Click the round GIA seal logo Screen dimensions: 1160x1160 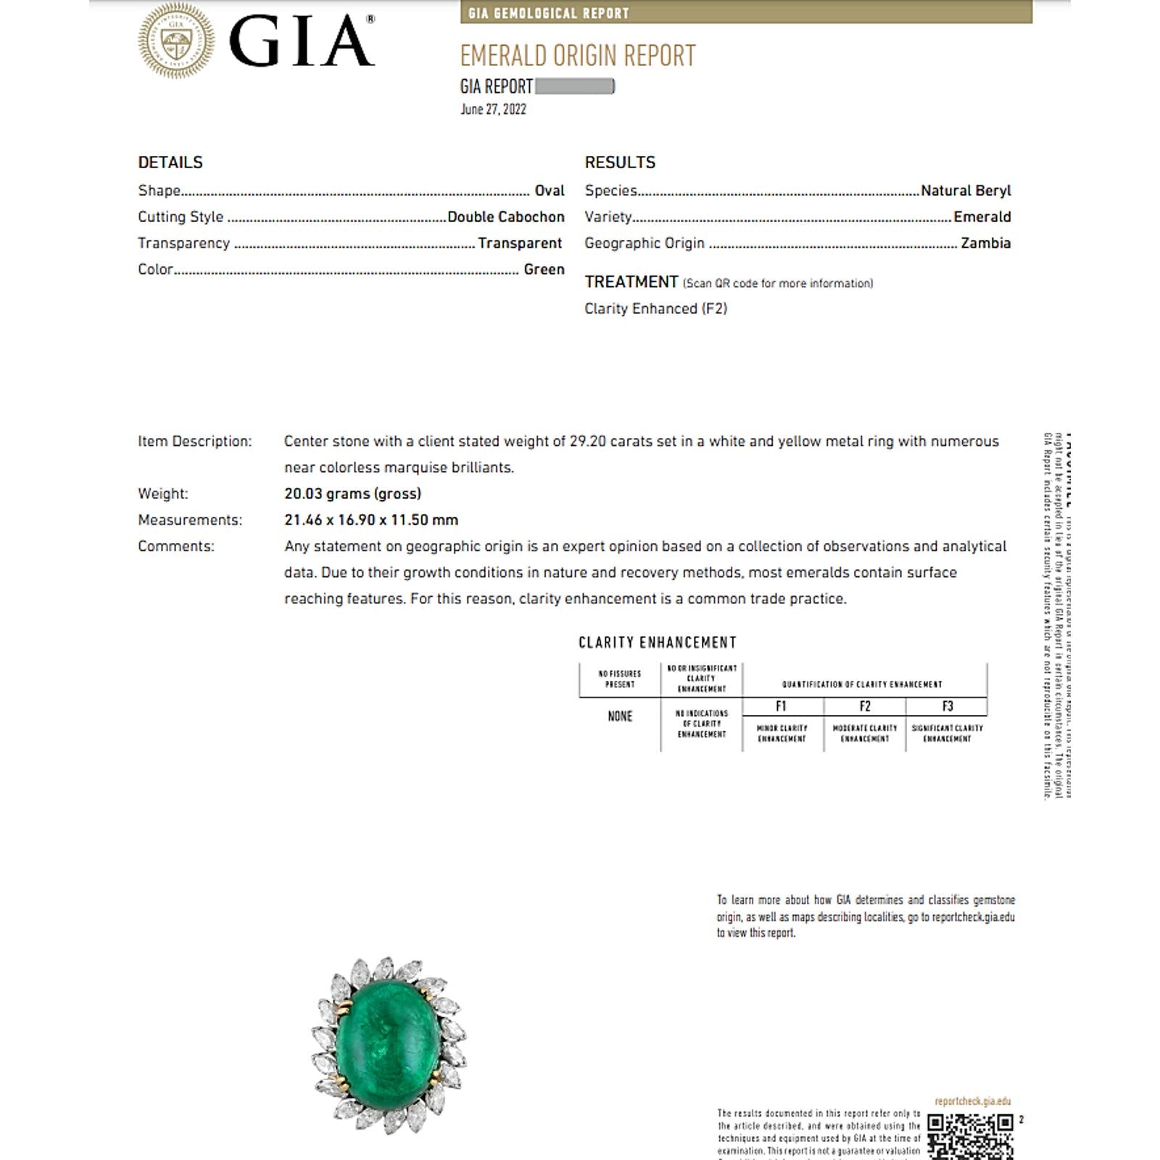(x=176, y=41)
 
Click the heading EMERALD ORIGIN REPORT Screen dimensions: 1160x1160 (x=578, y=56)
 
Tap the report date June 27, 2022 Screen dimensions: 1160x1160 (x=493, y=109)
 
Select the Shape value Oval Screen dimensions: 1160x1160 (x=549, y=191)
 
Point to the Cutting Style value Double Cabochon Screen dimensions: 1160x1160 (x=505, y=217)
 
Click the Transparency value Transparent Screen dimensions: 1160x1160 (x=519, y=243)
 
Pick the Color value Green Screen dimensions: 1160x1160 (x=544, y=269)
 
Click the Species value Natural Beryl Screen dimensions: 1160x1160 (x=965, y=191)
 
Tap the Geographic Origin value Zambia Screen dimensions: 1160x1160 (x=985, y=243)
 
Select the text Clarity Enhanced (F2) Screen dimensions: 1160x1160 (x=655, y=309)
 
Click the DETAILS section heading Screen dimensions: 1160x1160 (x=170, y=162)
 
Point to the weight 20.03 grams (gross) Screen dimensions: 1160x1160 (x=352, y=494)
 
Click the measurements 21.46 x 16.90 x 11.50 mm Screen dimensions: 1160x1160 (x=370, y=520)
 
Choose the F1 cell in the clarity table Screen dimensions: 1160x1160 (x=781, y=706)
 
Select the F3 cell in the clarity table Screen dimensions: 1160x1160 (x=947, y=706)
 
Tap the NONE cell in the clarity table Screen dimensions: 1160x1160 (x=620, y=716)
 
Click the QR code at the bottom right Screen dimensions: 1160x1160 (x=970, y=1136)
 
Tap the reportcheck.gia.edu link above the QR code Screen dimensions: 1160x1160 (x=972, y=1101)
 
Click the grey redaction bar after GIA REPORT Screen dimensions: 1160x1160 (x=574, y=87)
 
